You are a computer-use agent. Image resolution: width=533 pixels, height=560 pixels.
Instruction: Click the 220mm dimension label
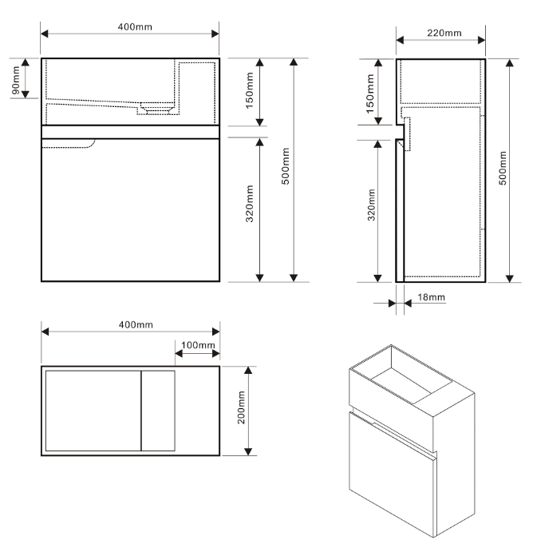(443, 33)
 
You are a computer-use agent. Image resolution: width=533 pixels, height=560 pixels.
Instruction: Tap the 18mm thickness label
(431, 297)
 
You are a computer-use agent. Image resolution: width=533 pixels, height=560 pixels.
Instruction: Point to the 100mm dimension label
(196, 345)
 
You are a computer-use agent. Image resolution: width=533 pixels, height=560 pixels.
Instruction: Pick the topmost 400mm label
(129, 26)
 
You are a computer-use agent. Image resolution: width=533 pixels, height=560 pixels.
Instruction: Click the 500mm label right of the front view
(285, 169)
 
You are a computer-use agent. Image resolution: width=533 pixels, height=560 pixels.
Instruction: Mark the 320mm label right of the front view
(249, 210)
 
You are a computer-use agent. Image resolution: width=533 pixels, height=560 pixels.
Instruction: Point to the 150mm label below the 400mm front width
(249, 92)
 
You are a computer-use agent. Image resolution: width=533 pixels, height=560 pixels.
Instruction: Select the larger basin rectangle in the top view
(93, 411)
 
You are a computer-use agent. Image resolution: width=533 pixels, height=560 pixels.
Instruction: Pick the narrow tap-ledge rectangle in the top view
(158, 411)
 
